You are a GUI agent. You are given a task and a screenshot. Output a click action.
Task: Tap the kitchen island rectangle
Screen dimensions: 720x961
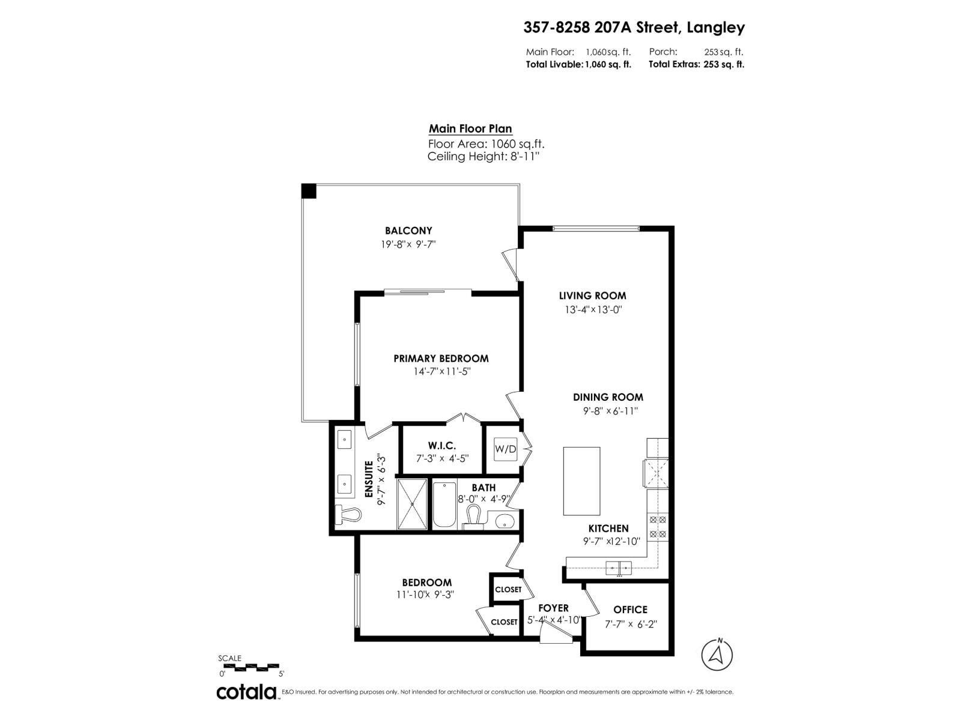(x=581, y=481)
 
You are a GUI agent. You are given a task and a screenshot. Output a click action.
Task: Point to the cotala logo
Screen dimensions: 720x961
(x=246, y=692)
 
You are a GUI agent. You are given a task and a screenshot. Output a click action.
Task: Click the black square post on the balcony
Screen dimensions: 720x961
(x=309, y=191)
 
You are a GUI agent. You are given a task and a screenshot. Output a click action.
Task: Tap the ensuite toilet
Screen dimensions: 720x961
(x=349, y=515)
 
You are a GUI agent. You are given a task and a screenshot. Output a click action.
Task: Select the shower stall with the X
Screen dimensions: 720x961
(x=412, y=504)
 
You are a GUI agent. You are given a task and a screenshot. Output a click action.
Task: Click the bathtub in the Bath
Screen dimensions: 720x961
(x=444, y=505)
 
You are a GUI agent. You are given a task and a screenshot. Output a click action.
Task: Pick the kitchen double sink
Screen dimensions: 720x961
(x=618, y=566)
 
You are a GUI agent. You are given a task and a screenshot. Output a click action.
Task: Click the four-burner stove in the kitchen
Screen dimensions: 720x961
(x=658, y=526)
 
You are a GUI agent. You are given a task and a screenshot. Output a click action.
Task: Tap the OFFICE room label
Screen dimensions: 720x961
(x=630, y=610)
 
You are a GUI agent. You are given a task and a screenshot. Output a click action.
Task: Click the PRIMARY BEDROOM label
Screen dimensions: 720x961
(x=441, y=358)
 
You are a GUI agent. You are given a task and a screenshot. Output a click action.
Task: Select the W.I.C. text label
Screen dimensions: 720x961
(x=441, y=446)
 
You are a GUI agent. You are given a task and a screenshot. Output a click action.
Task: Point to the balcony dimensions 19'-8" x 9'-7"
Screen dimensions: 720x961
(x=408, y=244)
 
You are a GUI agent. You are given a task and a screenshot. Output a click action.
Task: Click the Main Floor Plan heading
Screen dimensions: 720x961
(x=470, y=128)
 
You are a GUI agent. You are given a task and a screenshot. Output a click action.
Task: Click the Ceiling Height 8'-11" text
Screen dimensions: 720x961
(x=484, y=157)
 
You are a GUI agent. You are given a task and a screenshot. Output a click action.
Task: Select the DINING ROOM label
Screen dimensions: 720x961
(x=608, y=397)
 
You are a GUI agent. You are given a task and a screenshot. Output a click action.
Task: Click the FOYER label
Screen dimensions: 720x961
(x=553, y=608)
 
